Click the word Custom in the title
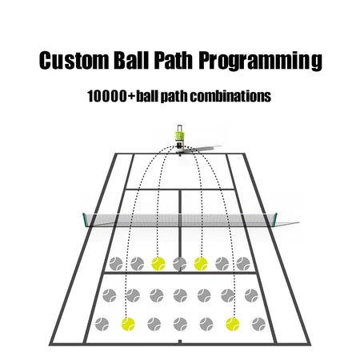click(74, 60)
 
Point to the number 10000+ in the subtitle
click(111, 96)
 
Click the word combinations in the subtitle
click(230, 96)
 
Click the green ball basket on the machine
click(179, 136)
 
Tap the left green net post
click(85, 220)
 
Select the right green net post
click(276, 218)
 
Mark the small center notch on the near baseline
click(180, 342)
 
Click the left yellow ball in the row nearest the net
click(158, 263)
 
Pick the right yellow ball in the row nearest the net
click(201, 263)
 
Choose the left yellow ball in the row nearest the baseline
click(128, 324)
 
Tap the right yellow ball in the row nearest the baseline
click(233, 324)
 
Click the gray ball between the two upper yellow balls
click(179, 263)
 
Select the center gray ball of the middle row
click(180, 295)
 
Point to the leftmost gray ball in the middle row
click(110, 295)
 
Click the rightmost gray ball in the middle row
click(251, 295)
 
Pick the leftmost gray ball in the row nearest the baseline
click(102, 324)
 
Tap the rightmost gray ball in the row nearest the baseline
click(258, 324)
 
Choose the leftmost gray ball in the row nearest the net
click(116, 263)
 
